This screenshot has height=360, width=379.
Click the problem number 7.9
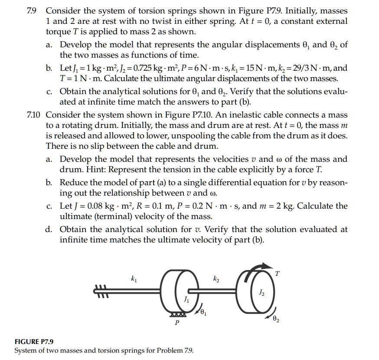pyautogui.click(x=34, y=10)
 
